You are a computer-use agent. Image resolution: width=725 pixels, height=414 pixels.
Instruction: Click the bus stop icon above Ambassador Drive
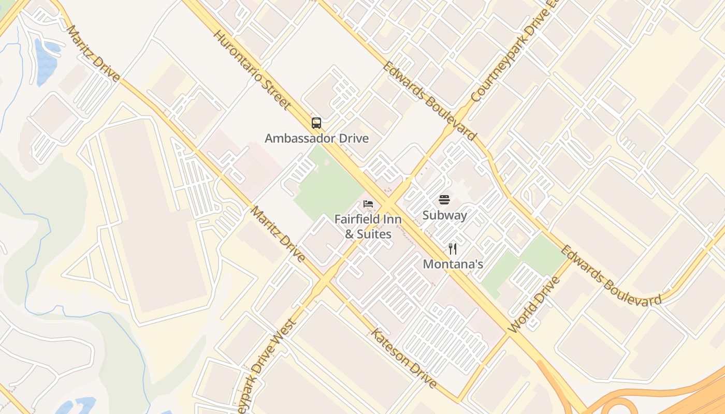(x=316, y=123)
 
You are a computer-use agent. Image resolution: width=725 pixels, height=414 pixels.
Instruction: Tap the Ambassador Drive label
(x=316, y=138)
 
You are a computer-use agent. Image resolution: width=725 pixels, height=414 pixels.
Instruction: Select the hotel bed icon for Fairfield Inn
(x=368, y=203)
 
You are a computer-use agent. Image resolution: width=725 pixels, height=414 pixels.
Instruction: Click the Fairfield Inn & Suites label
(x=368, y=227)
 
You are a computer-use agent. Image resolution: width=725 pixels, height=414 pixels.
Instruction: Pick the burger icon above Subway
(x=444, y=200)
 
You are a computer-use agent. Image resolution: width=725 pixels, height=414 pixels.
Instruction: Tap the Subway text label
(x=444, y=215)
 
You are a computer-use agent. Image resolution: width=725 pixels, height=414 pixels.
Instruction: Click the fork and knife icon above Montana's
(x=453, y=249)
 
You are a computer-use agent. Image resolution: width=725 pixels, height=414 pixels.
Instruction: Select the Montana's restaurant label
(x=453, y=264)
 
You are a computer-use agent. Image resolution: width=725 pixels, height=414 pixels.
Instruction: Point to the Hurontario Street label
(x=251, y=69)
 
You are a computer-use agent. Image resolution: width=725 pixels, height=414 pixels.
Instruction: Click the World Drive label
(x=534, y=305)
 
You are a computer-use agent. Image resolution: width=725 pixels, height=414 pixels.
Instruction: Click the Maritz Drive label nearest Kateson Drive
(x=278, y=233)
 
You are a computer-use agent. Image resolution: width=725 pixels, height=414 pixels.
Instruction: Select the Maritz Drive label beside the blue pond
(x=93, y=53)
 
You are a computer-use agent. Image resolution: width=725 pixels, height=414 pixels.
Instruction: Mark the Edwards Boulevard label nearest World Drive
(x=611, y=276)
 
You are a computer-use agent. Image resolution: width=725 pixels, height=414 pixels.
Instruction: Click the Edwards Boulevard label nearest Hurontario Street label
(x=429, y=101)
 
